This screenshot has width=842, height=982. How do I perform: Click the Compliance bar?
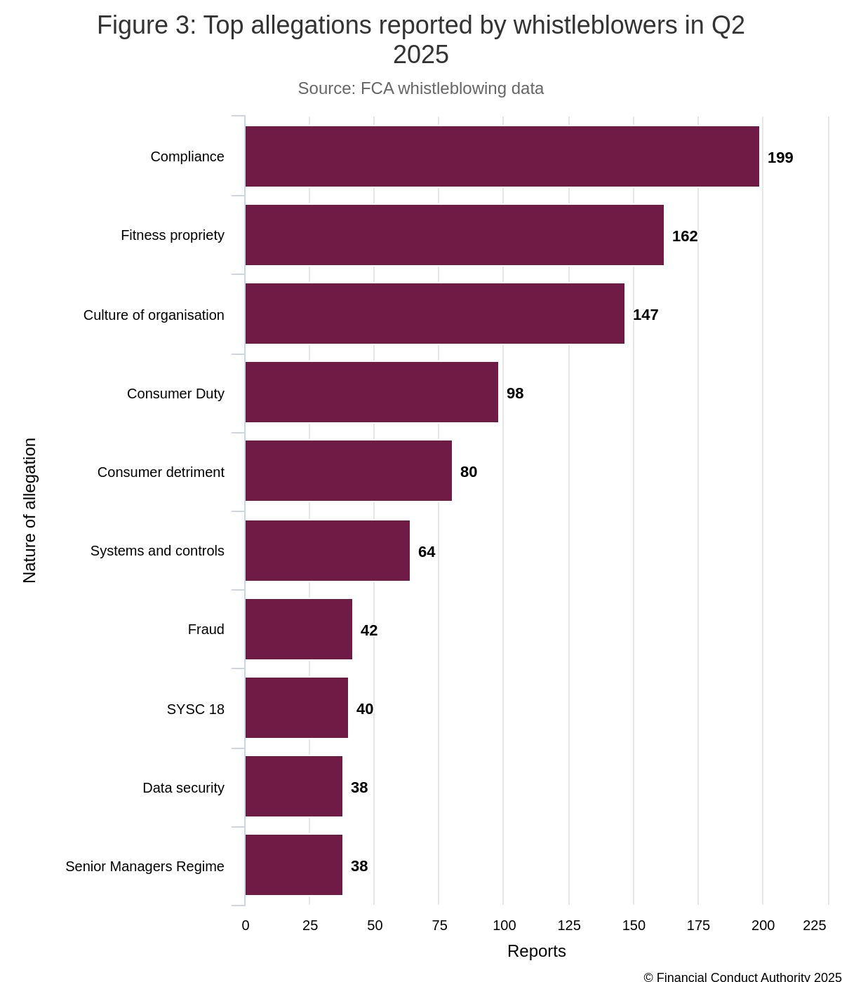tap(502, 156)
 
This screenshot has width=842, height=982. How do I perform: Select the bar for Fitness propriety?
tap(454, 235)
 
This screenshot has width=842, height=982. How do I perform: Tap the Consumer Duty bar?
tap(371, 392)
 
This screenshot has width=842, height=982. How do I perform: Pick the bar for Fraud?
tap(298, 629)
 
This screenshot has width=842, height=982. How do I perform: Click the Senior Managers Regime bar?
tap(293, 865)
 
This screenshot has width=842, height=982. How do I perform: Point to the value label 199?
tap(780, 158)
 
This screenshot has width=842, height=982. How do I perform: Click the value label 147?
tap(646, 315)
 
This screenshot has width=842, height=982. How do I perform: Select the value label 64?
tap(427, 552)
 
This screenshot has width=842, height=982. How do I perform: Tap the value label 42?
tap(369, 631)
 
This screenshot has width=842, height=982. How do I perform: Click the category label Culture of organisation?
tap(154, 315)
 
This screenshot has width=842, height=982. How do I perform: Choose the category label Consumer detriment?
tap(161, 472)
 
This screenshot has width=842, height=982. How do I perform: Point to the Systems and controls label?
tap(157, 551)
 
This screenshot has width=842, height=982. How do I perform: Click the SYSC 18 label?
tap(196, 709)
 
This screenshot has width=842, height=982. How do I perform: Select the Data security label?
tap(183, 788)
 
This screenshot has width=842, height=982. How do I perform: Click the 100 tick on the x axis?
tap(504, 925)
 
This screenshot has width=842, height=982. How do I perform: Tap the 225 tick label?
tap(814, 925)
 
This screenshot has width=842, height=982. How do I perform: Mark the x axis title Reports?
tap(536, 951)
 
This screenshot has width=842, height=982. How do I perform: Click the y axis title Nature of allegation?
tap(29, 511)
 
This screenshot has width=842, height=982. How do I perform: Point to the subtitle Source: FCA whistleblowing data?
tap(420, 88)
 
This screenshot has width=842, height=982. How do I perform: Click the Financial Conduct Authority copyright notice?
tap(742, 976)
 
